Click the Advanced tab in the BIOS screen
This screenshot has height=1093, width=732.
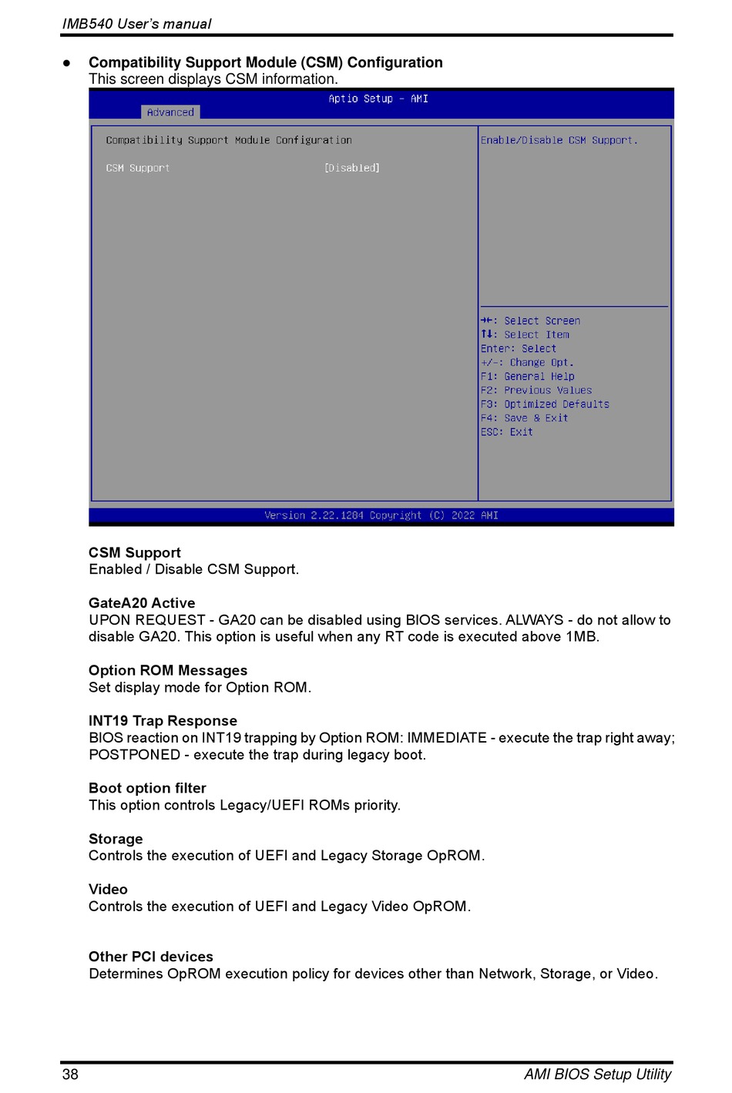170,112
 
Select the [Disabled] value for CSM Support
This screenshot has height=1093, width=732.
352,168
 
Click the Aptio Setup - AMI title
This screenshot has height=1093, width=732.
378,99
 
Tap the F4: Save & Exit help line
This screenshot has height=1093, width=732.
524,418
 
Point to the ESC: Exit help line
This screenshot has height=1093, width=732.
506,432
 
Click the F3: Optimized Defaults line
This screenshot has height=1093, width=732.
545,404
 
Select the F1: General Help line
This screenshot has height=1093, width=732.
527,377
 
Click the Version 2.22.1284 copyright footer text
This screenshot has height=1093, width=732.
381,515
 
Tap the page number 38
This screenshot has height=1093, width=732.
70,1074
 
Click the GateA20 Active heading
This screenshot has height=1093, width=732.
142,603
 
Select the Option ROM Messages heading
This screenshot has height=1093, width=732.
168,670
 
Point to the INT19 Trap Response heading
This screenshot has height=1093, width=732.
163,721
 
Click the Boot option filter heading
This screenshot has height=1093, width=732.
147,788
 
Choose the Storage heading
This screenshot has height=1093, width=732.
116,839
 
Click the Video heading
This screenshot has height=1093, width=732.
108,889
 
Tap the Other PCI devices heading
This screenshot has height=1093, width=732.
151,957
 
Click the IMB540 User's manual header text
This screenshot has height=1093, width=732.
136,24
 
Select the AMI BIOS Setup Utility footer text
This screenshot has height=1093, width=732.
597,1074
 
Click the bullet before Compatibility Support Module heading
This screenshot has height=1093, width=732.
67,63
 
